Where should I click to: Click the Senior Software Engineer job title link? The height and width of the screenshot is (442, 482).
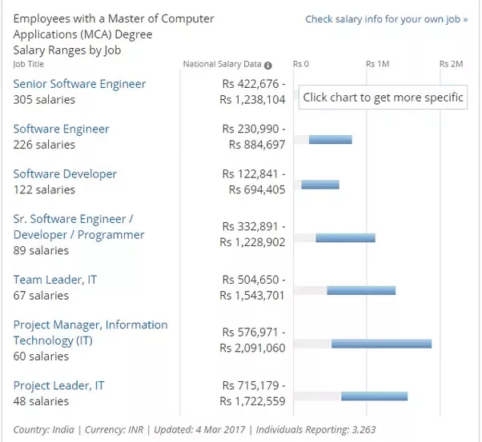[x=79, y=84]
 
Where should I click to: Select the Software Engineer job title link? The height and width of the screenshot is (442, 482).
[x=62, y=129]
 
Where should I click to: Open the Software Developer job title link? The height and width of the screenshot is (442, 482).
[x=65, y=173]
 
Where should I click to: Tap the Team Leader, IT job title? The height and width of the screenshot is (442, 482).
[x=55, y=280]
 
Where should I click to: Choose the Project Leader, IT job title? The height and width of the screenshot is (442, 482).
[x=58, y=385]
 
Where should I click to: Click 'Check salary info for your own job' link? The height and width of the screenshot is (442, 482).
[x=386, y=19]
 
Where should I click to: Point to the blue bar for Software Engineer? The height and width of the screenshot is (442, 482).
[x=330, y=139]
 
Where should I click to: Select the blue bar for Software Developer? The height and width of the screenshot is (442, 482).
[x=320, y=185]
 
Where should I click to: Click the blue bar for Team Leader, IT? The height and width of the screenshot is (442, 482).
[x=361, y=290]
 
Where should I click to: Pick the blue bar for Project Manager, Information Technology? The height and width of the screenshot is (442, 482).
[x=381, y=344]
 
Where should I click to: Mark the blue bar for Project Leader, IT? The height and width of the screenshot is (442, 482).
[x=374, y=396]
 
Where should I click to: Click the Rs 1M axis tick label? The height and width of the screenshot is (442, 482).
[x=377, y=64]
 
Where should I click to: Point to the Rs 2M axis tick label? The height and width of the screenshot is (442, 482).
[x=452, y=64]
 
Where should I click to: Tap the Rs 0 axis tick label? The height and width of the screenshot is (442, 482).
[x=301, y=64]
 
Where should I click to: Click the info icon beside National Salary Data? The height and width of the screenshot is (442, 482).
[x=268, y=65]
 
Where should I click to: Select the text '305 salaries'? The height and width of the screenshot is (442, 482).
[x=45, y=100]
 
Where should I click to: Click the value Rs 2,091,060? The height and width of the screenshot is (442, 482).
[x=252, y=348]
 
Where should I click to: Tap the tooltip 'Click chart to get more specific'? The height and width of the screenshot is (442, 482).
[x=384, y=98]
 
